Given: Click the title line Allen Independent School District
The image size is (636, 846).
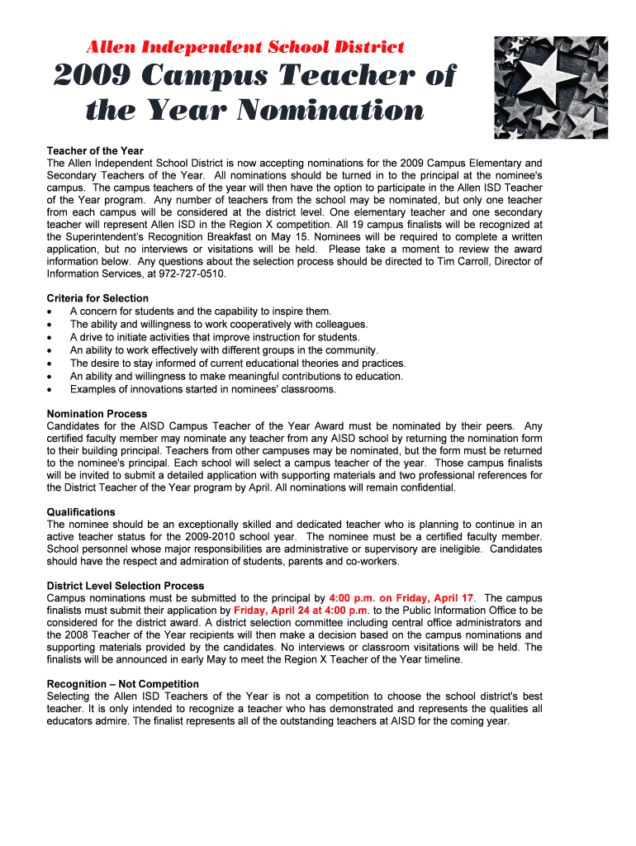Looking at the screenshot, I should click(246, 47).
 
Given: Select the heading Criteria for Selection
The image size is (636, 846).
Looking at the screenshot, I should click(97, 298).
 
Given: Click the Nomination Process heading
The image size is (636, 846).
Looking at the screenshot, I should click(97, 414).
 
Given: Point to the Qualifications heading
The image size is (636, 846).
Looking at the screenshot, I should click(81, 512).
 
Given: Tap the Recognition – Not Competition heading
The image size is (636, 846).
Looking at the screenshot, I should click(123, 684).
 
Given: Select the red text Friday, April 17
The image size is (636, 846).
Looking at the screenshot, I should click(435, 598).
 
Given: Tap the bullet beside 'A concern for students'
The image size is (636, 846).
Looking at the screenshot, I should click(52, 312).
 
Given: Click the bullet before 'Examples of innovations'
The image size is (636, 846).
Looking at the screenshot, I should click(52, 390).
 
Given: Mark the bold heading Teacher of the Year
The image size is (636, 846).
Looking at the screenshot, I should click(95, 151).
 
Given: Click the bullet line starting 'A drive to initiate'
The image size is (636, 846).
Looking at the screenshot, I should click(215, 337).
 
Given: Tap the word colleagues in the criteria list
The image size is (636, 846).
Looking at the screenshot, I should click(339, 325).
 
